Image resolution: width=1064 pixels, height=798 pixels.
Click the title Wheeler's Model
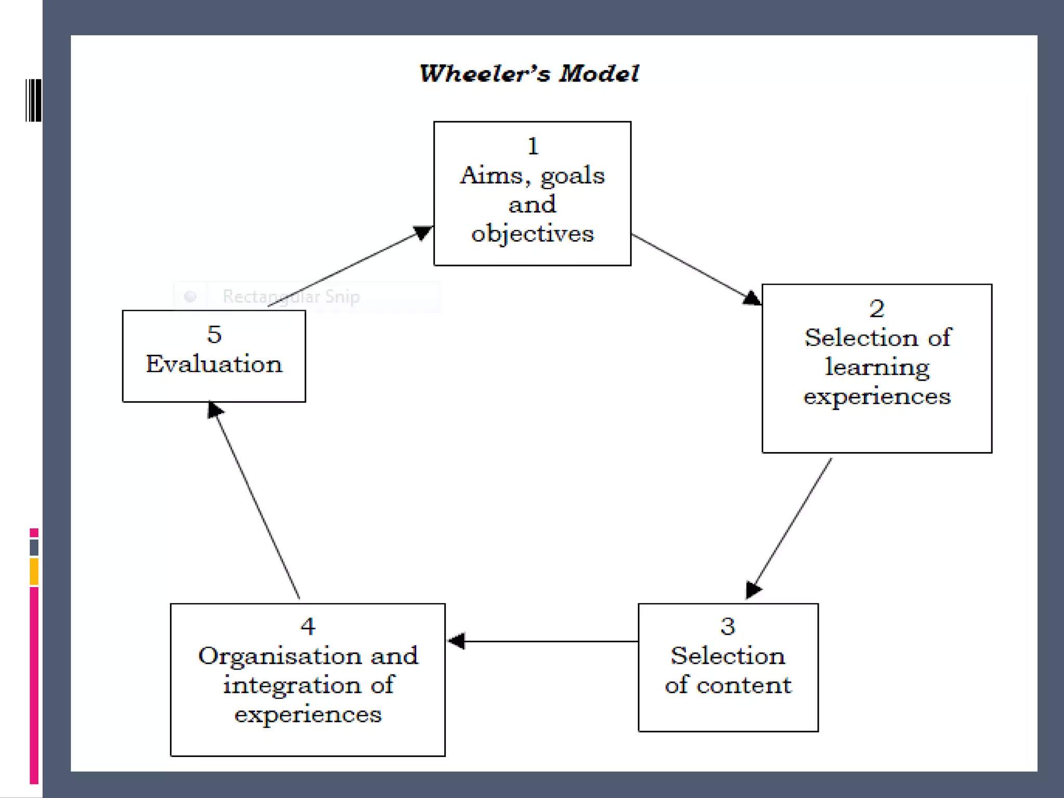pyautogui.click(x=529, y=73)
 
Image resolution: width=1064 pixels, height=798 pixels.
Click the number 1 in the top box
pyautogui.click(x=533, y=147)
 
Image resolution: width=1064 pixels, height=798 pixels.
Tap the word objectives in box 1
pyautogui.click(x=532, y=234)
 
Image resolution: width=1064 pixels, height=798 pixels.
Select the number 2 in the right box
pyautogui.click(x=876, y=309)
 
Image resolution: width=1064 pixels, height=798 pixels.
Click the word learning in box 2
pyautogui.click(x=877, y=367)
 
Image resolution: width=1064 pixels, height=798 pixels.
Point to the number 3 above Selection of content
pyautogui.click(x=727, y=627)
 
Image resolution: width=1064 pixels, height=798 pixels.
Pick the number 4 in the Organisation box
pyautogui.click(x=308, y=627)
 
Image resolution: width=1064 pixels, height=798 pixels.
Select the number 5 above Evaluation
pyautogui.click(x=214, y=334)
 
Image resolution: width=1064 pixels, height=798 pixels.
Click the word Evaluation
pyautogui.click(x=214, y=364)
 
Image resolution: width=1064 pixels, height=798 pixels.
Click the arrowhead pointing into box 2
pyautogui.click(x=752, y=298)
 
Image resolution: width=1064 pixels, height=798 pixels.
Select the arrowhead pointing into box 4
pyautogui.click(x=457, y=641)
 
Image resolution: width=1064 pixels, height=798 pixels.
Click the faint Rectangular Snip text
pyautogui.click(x=291, y=297)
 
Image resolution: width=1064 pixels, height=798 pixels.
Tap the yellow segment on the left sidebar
pyautogui.click(x=34, y=571)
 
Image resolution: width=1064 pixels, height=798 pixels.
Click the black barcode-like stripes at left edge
pyautogui.click(x=33, y=100)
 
